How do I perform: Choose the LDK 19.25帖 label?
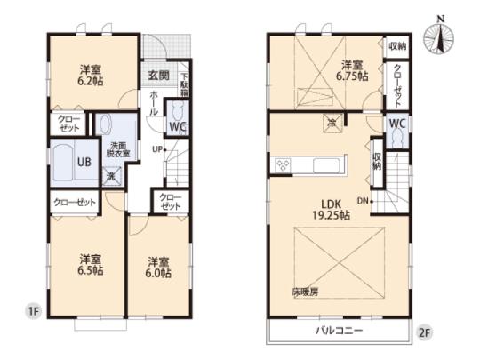(330, 209)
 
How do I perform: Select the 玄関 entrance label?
(158, 74)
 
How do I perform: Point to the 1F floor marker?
(33, 311)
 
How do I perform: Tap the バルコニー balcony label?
(338, 330)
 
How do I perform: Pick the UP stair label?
(159, 148)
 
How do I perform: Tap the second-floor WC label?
(396, 125)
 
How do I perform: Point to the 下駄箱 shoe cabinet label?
(185, 84)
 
